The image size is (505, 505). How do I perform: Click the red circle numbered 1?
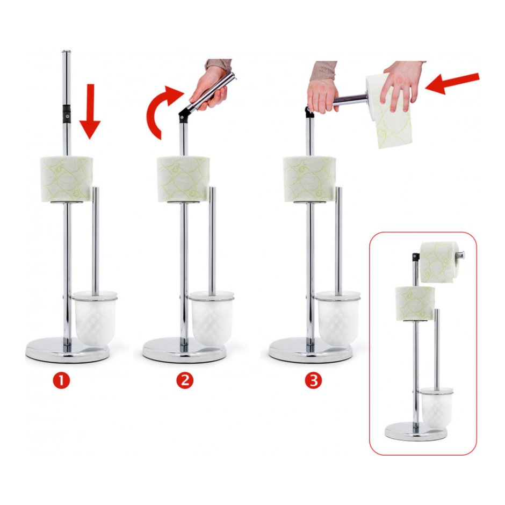point(62,381)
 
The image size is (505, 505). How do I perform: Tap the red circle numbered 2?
point(185,381)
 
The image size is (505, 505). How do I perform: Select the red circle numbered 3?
point(313,381)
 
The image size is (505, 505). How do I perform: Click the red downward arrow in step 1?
point(90,111)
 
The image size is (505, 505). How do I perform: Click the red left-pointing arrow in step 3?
point(452,84)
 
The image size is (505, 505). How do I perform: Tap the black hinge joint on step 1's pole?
point(67,114)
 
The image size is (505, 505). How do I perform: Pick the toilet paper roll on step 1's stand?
point(67,179)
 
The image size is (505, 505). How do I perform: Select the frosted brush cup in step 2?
point(212,317)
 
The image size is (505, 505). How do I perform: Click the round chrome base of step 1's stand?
point(68,350)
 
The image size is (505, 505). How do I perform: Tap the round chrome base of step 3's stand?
point(311,350)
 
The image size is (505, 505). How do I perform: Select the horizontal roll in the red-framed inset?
point(438,263)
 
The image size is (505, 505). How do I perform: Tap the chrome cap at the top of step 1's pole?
point(66,52)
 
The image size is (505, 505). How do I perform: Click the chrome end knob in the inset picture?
point(461,255)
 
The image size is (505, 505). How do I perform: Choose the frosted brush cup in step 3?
point(338,317)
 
